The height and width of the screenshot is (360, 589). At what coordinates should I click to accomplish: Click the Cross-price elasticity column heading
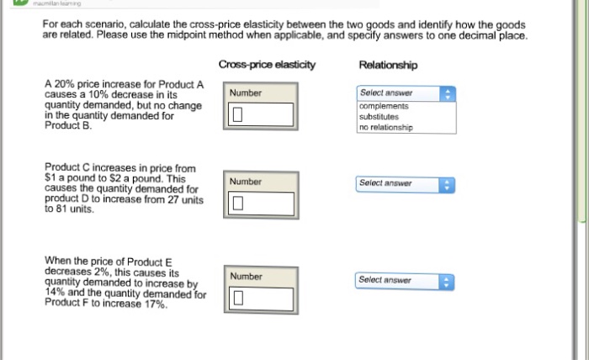tap(267, 65)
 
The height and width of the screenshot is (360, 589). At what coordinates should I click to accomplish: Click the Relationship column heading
tap(388, 65)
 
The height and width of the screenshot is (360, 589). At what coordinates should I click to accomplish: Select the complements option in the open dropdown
tap(384, 106)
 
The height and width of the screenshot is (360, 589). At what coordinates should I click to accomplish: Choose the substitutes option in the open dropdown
tap(379, 117)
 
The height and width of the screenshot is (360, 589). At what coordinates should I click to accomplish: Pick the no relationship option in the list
tap(385, 127)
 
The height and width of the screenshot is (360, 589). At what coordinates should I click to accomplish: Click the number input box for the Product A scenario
tap(261, 114)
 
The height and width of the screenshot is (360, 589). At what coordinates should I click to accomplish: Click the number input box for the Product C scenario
tap(261, 204)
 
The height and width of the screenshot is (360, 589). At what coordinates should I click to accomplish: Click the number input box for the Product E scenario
tap(261, 299)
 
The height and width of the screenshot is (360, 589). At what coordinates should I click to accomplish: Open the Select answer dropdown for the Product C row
tap(406, 185)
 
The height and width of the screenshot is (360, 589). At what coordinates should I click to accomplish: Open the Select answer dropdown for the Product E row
tap(405, 282)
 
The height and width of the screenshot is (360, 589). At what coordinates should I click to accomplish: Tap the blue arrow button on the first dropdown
tap(448, 94)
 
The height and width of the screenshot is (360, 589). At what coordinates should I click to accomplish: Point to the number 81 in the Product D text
tap(62, 209)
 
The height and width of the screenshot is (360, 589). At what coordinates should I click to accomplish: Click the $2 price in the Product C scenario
tap(114, 178)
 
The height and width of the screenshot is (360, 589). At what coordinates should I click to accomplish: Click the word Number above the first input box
tap(246, 93)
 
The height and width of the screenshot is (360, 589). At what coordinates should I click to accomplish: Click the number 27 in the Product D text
tap(173, 199)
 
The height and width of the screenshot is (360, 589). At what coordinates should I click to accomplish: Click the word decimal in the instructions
tap(466, 35)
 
